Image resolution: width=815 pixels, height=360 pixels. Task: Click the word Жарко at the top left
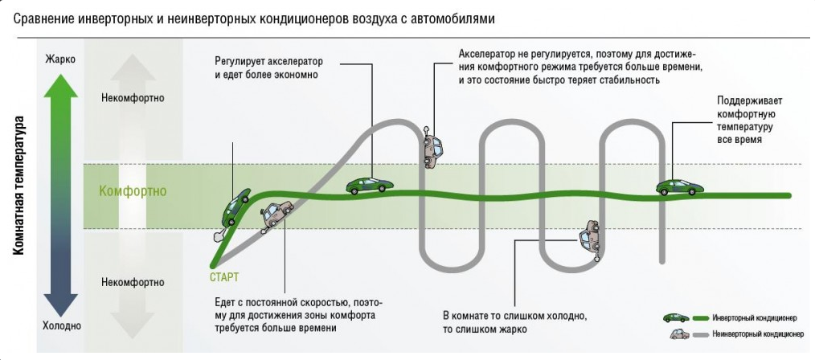coord(59,59)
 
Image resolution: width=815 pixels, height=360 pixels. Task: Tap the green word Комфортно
coord(133,191)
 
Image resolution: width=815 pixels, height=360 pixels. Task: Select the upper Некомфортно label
coord(133,98)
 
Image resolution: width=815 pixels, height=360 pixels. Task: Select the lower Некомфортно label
coord(133,282)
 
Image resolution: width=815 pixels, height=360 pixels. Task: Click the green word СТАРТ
coord(223,277)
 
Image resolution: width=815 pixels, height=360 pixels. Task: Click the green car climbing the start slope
coord(237,207)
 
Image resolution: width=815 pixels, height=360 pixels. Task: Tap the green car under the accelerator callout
coord(370,185)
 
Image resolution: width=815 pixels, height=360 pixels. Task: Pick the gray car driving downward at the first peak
coord(432,148)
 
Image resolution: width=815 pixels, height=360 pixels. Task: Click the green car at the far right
coord(680,186)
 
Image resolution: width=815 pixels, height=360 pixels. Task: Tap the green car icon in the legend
coord(676,317)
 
